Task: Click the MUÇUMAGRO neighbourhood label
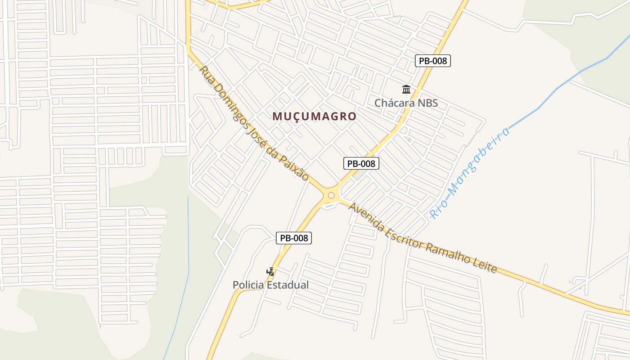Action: [x=314, y=116]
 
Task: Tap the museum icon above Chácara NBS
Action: [x=406, y=89]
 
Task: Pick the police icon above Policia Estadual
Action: [x=270, y=271]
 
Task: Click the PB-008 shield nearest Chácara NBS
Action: [x=432, y=61]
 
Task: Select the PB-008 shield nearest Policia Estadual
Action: [x=293, y=238]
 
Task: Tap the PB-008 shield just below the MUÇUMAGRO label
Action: [x=361, y=163]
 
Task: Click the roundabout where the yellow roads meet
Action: [x=332, y=195]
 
